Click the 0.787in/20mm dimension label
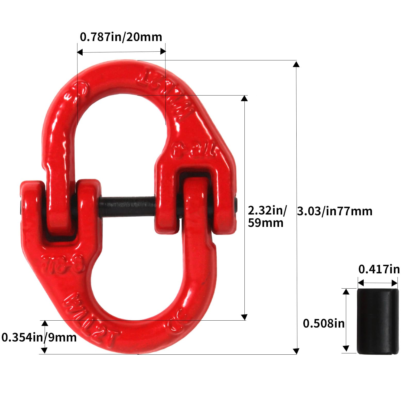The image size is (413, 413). pyautogui.click(x=121, y=37)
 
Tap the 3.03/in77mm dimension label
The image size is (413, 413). pyautogui.click(x=335, y=211)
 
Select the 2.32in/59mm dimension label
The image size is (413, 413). pyautogui.click(x=267, y=217)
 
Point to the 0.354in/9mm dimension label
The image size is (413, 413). pyautogui.click(x=39, y=337)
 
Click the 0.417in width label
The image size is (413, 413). pyautogui.click(x=379, y=269)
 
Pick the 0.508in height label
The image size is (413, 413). pyautogui.click(x=324, y=323)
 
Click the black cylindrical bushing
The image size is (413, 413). pyautogui.click(x=378, y=321)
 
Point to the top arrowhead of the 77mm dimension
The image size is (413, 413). pyautogui.click(x=296, y=64)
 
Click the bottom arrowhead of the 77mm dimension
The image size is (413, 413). pyautogui.click(x=296, y=351)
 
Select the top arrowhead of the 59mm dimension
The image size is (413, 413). pyautogui.click(x=244, y=98)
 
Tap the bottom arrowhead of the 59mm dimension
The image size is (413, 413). pyautogui.click(x=244, y=317)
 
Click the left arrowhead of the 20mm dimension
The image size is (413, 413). pyautogui.click(x=80, y=52)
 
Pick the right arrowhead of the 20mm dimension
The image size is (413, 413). pyautogui.click(x=163, y=51)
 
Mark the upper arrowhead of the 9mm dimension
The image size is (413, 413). pyautogui.click(x=45, y=323)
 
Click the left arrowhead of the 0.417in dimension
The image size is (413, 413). pyautogui.click(x=361, y=283)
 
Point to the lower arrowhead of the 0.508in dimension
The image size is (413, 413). pyautogui.click(x=346, y=348)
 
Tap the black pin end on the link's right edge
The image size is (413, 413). pyautogui.click(x=236, y=205)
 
